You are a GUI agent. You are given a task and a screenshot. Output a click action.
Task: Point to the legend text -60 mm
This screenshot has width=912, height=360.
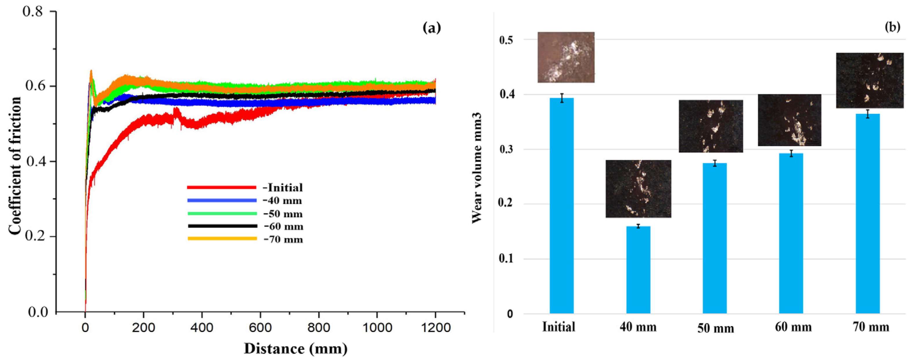click(283, 226)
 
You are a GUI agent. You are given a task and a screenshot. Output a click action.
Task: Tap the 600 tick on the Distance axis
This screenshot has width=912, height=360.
click(260, 328)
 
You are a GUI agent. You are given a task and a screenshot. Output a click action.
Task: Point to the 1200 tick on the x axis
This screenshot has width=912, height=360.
click(435, 328)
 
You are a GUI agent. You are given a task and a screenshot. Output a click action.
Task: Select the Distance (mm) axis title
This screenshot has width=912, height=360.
click(295, 349)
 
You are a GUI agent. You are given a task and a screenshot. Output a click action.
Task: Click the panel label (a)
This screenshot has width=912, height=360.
click(432, 28)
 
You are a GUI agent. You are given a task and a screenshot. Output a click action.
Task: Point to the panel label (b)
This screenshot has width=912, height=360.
click(892, 27)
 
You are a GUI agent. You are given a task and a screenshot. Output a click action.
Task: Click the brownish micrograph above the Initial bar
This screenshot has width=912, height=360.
click(566, 57)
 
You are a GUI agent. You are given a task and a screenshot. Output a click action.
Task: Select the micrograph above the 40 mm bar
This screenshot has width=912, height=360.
click(638, 189)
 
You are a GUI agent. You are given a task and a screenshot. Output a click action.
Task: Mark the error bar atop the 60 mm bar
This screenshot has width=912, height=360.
click(791, 153)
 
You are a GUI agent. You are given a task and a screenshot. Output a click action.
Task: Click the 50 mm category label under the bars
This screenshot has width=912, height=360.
click(715, 328)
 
